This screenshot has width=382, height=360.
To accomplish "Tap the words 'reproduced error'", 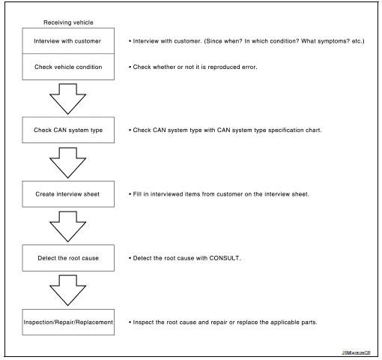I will (222, 67).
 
